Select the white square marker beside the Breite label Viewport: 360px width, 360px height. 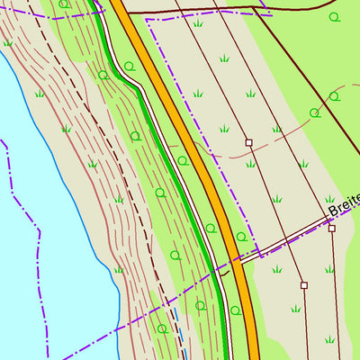(x=331, y=229)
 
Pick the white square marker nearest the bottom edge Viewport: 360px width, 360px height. (x=304, y=285)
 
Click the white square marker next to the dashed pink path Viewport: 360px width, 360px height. (x=248, y=142)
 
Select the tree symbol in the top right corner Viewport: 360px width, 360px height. (x=336, y=17)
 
